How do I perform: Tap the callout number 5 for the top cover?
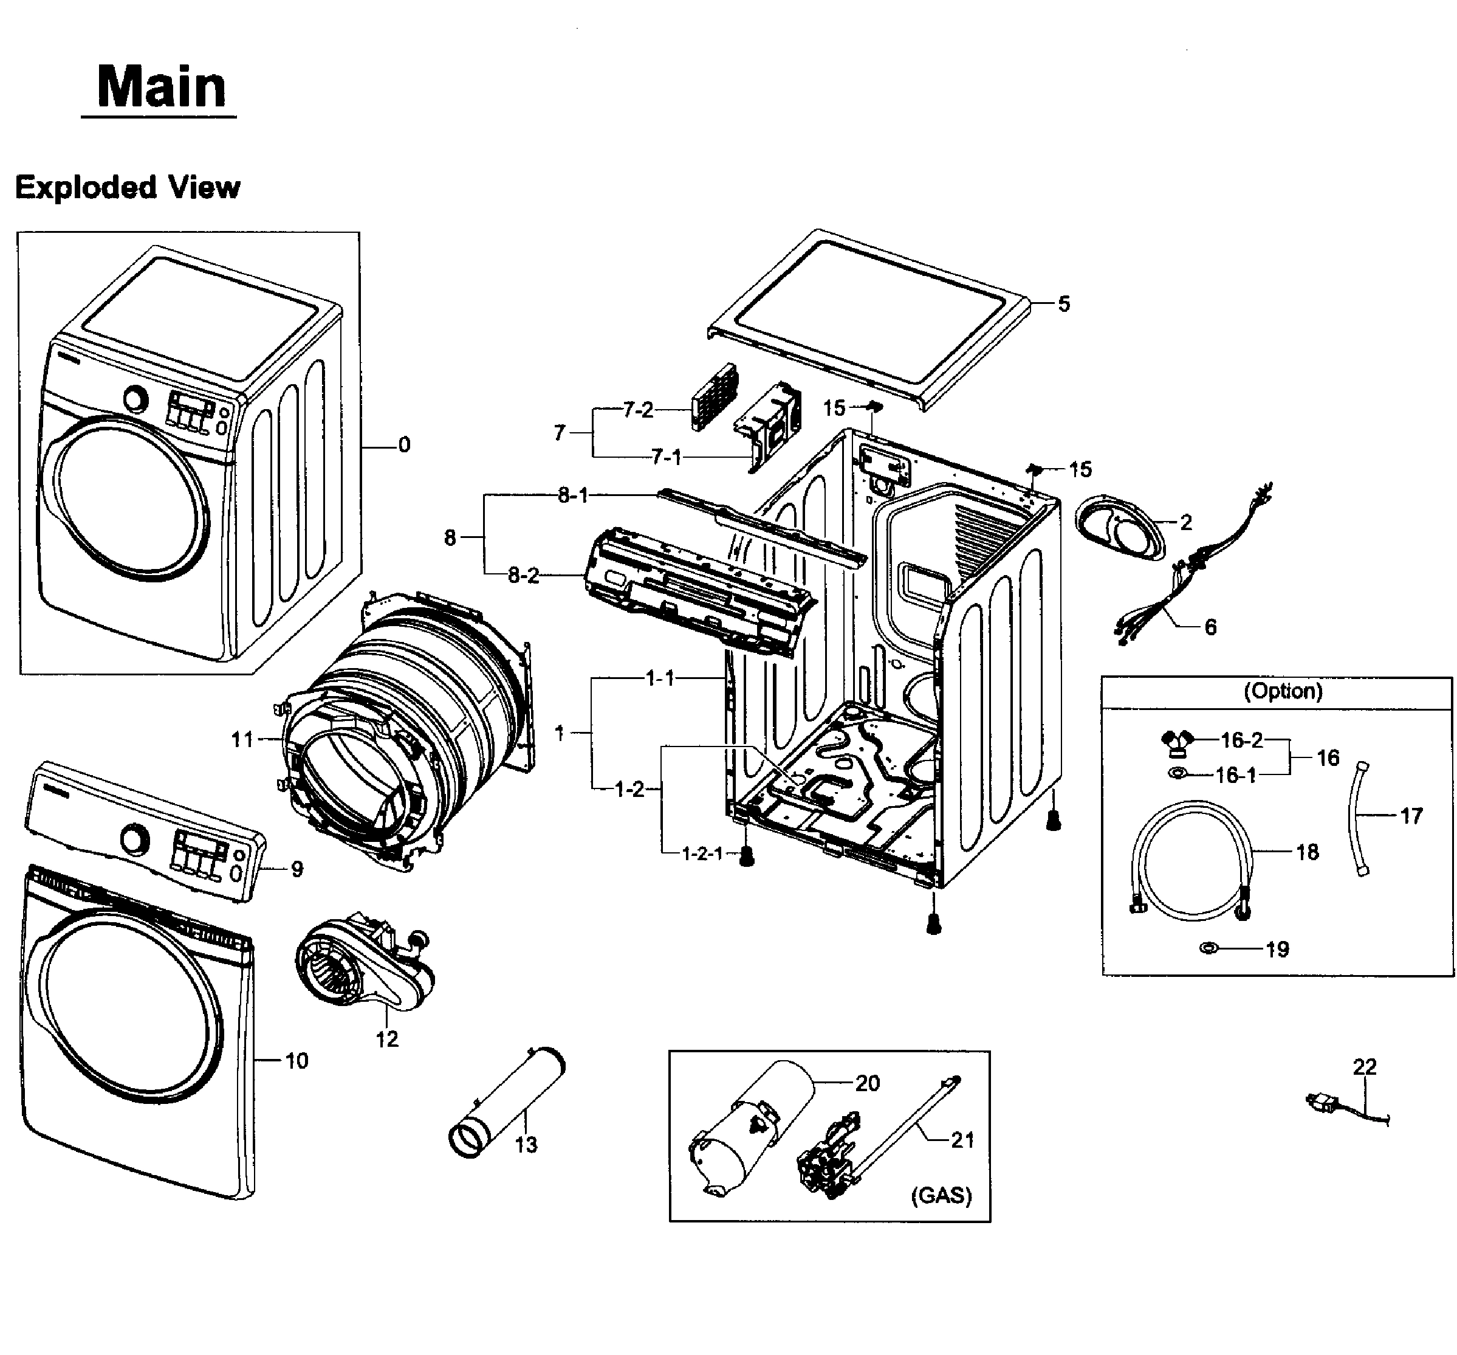[x=1063, y=303]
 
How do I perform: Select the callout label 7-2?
[x=637, y=410]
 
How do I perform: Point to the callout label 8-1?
[x=572, y=495]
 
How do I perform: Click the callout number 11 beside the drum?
[x=242, y=740]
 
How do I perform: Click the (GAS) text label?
[x=941, y=1195]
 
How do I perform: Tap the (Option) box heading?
[x=1283, y=691]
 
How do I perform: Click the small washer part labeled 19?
[x=1208, y=948]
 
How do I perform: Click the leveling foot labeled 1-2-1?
[x=746, y=856]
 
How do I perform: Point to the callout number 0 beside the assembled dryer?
[x=404, y=445]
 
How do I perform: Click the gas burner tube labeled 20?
[x=755, y=1125]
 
